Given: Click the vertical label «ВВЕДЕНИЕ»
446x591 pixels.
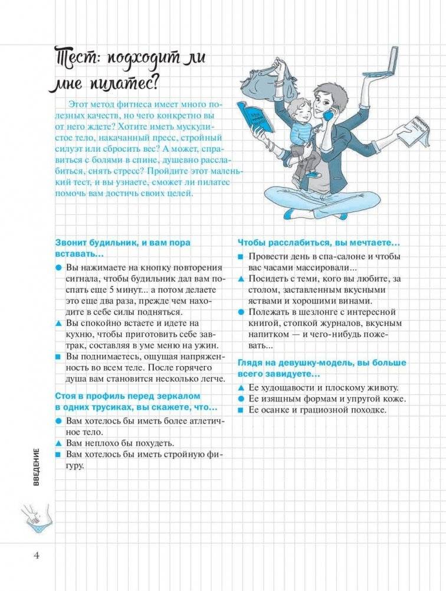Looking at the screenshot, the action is coord(36,466).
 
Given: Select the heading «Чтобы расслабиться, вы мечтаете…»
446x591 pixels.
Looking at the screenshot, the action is coord(319,242).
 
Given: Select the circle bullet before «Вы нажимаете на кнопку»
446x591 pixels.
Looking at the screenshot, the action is coord(58,267).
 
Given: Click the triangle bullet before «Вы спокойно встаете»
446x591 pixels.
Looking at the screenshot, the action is coord(58,324).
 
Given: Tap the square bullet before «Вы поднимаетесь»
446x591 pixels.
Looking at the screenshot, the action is coord(58,357).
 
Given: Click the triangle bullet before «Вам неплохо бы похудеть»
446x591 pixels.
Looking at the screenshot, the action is coord(58,443).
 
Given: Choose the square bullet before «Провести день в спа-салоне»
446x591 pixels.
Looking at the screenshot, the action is coord(240,257).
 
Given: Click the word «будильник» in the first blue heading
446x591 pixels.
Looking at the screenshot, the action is coord(105,243).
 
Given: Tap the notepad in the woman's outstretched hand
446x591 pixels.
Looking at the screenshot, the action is coord(415,132).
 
